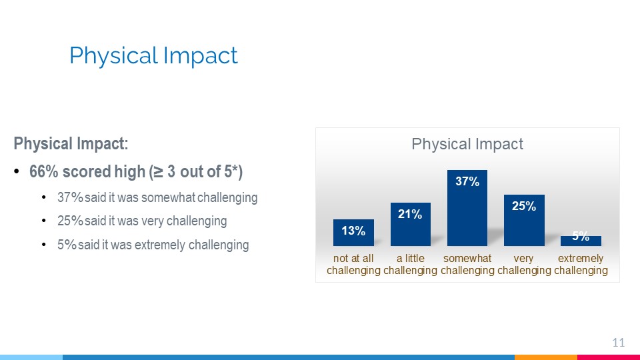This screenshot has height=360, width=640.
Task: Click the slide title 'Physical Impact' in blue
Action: pyautogui.click(x=153, y=56)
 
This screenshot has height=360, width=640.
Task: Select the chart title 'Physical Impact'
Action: pyautogui.click(x=467, y=144)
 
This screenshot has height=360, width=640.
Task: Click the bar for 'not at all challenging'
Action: pyautogui.click(x=353, y=233)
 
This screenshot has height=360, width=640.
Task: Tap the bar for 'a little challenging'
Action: pyautogui.click(x=410, y=224)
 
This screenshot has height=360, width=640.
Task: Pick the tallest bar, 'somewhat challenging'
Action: pyautogui.click(x=467, y=208)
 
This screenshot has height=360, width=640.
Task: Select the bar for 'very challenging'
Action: pyautogui.click(x=524, y=220)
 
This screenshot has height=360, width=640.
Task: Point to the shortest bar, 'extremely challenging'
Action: pyautogui.click(x=581, y=241)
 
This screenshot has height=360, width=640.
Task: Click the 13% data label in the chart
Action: pyautogui.click(x=353, y=231)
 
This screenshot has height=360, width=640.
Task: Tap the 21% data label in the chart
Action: pyautogui.click(x=410, y=214)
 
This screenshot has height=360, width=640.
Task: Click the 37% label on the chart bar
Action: pyautogui.click(x=467, y=181)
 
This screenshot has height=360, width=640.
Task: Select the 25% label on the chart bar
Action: pyautogui.click(x=524, y=206)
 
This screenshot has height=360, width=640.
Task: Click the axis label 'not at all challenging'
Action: pyautogui.click(x=353, y=264)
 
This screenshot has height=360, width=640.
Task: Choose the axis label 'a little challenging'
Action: pyautogui.click(x=410, y=264)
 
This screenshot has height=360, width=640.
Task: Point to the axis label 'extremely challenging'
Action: pyautogui.click(x=581, y=264)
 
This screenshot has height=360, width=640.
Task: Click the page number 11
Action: pyautogui.click(x=619, y=343)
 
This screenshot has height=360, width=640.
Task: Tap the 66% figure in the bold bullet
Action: pyautogui.click(x=44, y=172)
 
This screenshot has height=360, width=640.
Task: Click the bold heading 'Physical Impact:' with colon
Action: pyautogui.click(x=71, y=144)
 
